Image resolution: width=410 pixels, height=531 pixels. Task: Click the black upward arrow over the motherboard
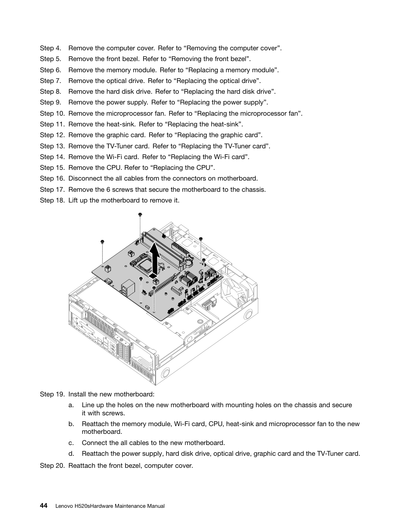[154, 258]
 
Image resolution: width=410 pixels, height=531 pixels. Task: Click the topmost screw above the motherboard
[140, 214]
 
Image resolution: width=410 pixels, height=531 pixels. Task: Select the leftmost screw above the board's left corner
[102, 242]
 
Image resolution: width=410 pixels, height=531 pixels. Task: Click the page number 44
[43, 506]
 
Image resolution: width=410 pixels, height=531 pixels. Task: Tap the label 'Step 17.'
[52, 189]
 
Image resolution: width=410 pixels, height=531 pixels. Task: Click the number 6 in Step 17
[108, 189]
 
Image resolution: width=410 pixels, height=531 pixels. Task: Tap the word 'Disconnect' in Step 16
[85, 178]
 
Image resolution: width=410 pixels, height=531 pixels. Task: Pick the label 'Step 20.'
[52, 465]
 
